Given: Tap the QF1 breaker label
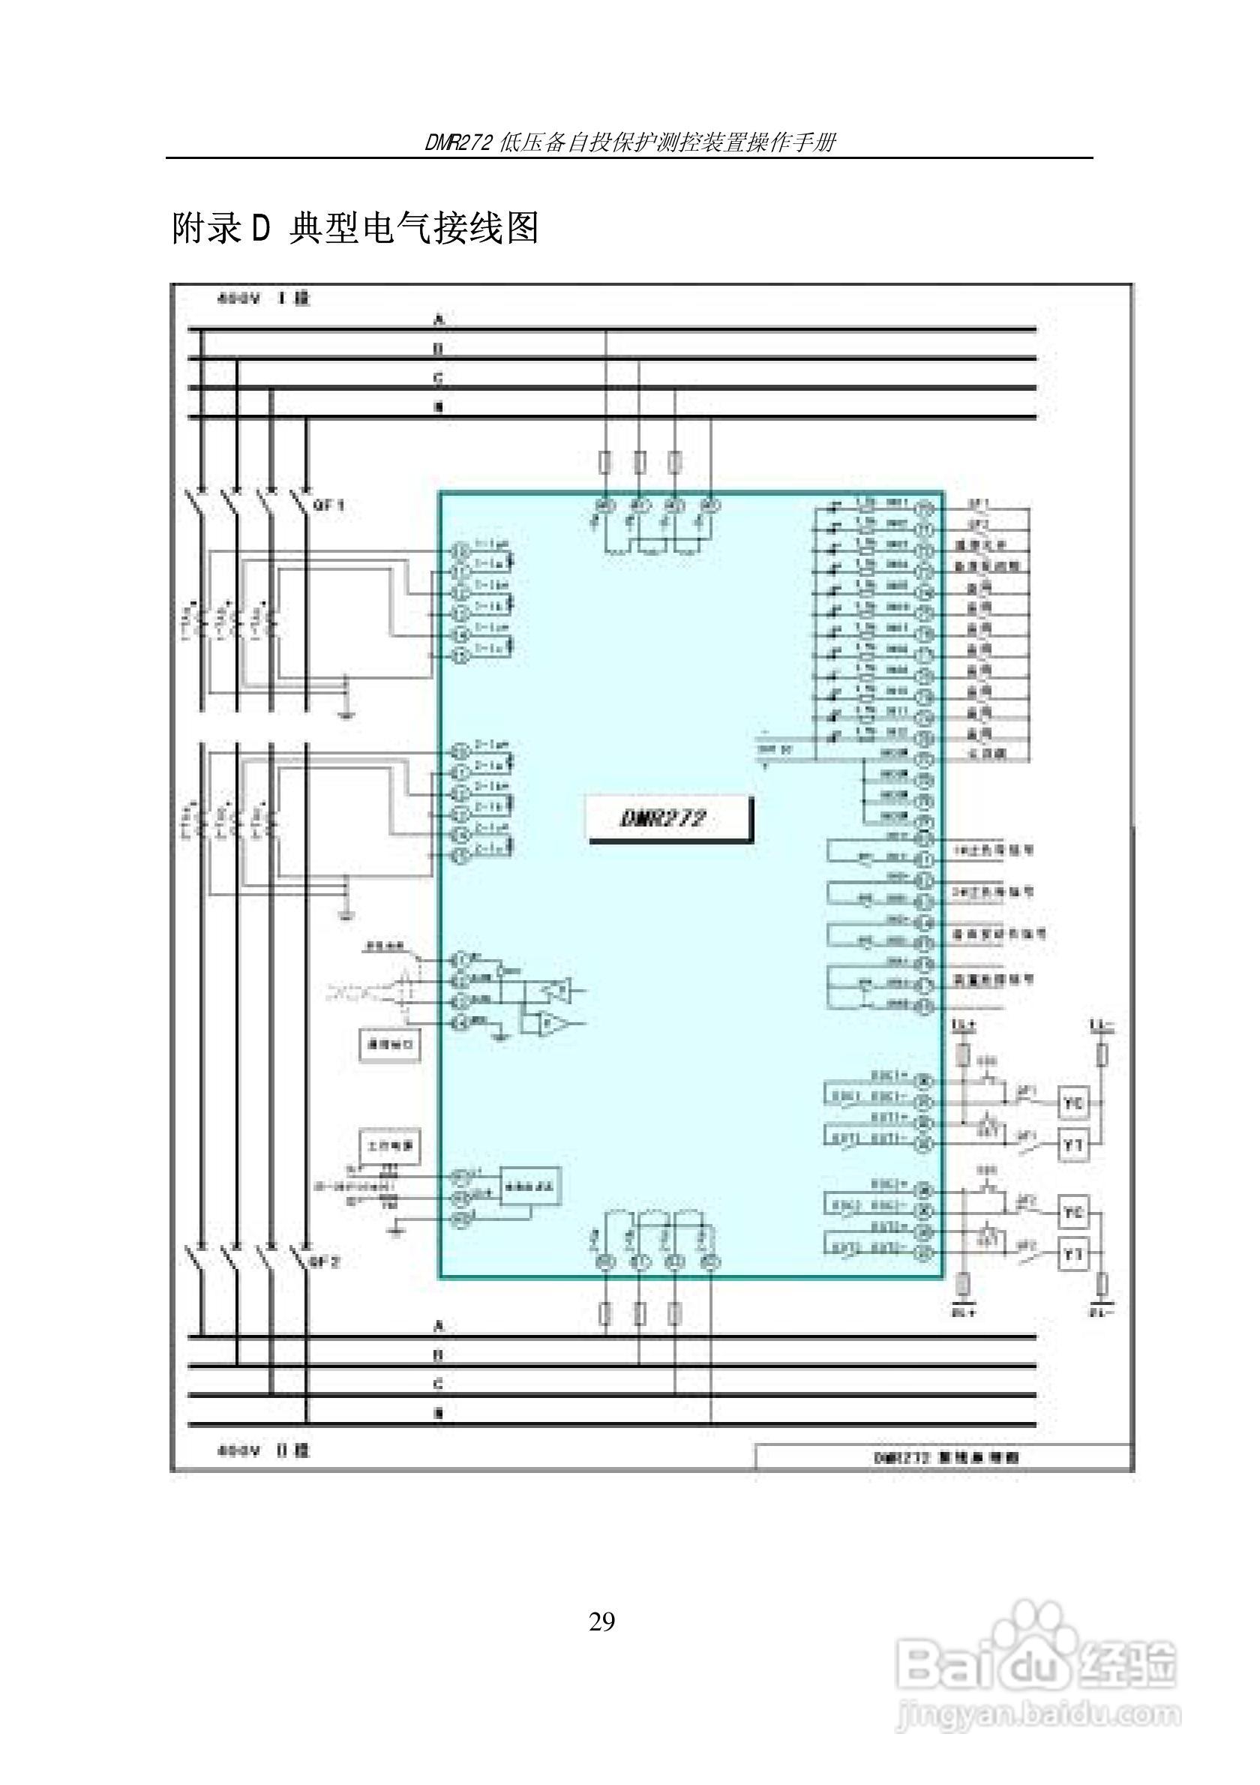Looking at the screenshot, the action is [328, 506].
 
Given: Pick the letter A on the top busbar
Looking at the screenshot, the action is [439, 319].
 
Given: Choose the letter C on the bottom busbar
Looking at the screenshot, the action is [439, 1384].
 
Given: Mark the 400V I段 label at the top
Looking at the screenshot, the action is [263, 298].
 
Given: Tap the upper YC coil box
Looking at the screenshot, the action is [1072, 1103].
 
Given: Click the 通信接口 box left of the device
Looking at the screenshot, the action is [389, 1044].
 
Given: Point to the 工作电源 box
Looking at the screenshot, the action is [389, 1145].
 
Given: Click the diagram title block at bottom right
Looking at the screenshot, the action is [943, 1458].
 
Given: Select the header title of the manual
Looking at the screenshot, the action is [629, 143].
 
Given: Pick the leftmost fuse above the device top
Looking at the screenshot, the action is [605, 463].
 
